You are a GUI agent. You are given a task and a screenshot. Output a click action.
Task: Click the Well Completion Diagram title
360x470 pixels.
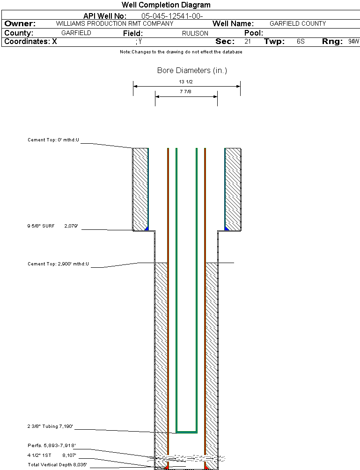pos(166,5)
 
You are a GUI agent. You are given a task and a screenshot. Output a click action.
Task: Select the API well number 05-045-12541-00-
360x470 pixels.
pos(172,16)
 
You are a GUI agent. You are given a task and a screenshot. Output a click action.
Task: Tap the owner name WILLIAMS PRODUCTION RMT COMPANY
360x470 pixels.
pos(114,23)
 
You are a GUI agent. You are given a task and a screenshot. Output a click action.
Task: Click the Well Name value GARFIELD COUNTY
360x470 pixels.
pos(298,23)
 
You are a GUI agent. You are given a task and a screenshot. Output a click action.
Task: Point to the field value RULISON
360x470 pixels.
pos(195,33)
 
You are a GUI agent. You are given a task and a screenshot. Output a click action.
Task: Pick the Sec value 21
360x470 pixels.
pos(247,42)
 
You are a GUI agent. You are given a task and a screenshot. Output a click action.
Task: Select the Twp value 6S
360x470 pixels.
pos(301,42)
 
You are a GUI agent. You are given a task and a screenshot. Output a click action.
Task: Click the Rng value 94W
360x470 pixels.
pos(353,42)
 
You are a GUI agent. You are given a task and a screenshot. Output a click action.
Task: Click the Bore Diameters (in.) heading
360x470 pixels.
pos(192,71)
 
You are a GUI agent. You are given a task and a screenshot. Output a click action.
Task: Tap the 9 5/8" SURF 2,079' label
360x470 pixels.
pos(52,226)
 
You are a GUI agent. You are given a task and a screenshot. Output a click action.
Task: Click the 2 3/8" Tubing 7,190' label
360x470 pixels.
pos(50,426)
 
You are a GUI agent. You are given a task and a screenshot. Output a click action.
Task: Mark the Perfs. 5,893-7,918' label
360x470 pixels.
pos(51,445)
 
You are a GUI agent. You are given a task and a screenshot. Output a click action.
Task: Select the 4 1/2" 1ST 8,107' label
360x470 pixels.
pos(52,455)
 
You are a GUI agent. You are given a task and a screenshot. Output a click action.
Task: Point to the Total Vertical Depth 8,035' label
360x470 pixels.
pos(57,464)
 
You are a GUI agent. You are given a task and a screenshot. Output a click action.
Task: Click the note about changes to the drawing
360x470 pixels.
pos(181,52)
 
